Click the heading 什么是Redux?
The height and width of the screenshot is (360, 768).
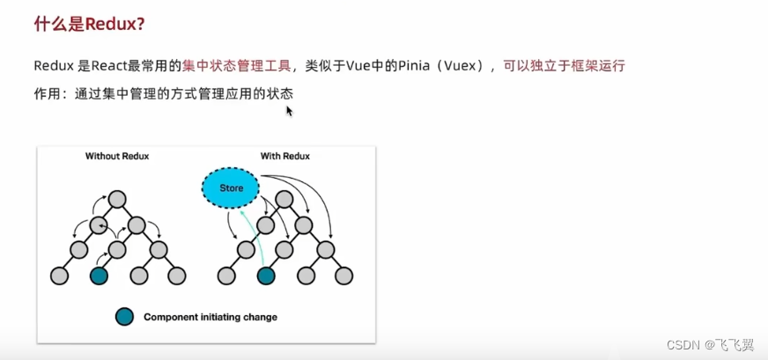(89, 25)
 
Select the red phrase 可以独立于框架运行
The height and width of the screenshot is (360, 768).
(565, 66)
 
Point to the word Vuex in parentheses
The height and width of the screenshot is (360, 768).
(462, 66)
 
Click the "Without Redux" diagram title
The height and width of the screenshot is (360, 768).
(117, 157)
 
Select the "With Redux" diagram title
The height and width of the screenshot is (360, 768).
(284, 157)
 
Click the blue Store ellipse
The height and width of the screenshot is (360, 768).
(230, 187)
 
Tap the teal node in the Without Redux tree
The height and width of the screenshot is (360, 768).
(99, 276)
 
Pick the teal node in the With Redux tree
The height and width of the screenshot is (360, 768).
(265, 276)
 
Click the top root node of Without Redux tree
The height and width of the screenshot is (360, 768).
(117, 199)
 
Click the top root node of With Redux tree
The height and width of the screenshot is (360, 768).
(284, 199)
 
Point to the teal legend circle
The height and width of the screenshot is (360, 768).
(124, 316)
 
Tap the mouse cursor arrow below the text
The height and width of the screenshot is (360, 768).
(289, 111)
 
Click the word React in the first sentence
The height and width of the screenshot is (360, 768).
(99, 66)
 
